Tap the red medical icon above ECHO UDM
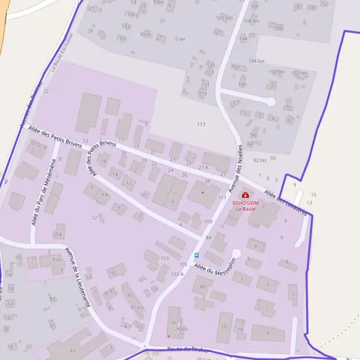(x=245, y=195)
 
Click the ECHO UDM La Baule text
(x=245, y=206)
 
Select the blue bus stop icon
(x=196, y=255)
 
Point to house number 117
(x=200, y=124)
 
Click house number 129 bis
(x=223, y=17)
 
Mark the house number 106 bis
(x=251, y=20)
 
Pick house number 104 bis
(x=256, y=61)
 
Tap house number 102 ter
(x=299, y=73)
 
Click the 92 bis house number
(x=259, y=160)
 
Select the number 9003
(x=182, y=329)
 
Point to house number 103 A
(x=177, y=274)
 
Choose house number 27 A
(x=204, y=167)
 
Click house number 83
(x=73, y=350)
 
